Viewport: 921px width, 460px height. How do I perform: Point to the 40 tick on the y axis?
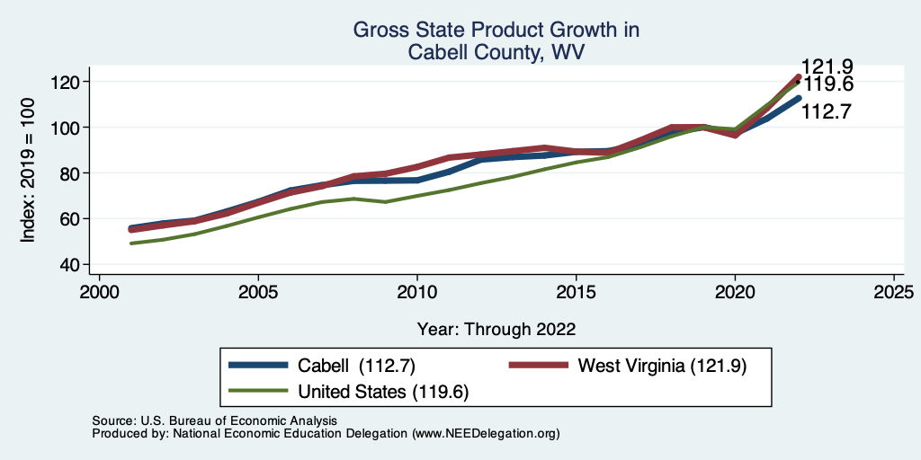(71, 264)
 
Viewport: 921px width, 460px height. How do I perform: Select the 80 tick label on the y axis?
(71, 172)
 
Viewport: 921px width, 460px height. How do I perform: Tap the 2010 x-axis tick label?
(417, 293)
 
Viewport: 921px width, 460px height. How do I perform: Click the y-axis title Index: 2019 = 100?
(28, 172)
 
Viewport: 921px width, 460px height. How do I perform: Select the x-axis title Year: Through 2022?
(496, 329)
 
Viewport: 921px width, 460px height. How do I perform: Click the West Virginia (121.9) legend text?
(663, 366)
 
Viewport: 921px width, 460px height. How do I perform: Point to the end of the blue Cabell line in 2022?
(799, 98)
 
